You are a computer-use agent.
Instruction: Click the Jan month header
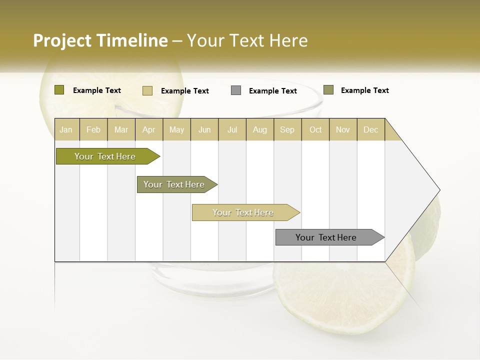(66, 129)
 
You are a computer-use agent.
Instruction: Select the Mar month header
(121, 129)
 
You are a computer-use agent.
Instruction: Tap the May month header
(176, 129)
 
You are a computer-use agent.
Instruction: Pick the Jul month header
(232, 129)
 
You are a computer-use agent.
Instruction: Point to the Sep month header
(287, 129)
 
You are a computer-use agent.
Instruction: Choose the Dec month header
(370, 129)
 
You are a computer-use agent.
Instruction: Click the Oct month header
(315, 129)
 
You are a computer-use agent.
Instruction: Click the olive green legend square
(59, 90)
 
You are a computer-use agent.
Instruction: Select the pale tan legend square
(147, 90)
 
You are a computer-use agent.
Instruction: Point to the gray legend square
(236, 90)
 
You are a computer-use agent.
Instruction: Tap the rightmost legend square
(328, 90)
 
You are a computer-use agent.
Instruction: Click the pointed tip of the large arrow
(439, 190)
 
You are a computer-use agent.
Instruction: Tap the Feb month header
(93, 129)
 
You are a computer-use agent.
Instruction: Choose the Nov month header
(343, 129)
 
